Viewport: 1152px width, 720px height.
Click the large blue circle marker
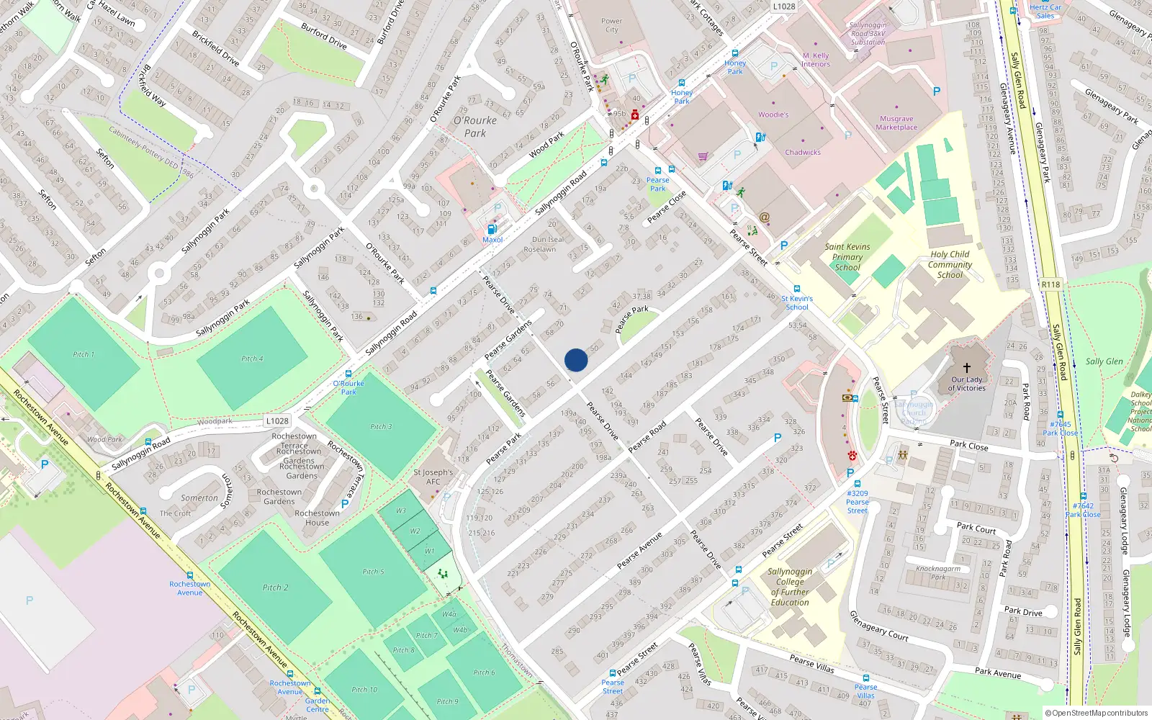[x=576, y=360]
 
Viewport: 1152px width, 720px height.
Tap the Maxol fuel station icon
[x=492, y=229]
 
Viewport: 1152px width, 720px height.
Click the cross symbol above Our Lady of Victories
[x=966, y=367]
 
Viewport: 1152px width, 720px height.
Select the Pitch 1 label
[x=84, y=354]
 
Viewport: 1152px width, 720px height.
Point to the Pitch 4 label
[x=252, y=359]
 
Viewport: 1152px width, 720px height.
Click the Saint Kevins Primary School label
[x=847, y=257]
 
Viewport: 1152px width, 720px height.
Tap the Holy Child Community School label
[x=950, y=264]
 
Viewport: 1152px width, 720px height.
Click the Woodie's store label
[x=773, y=114]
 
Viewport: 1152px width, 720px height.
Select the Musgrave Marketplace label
[x=896, y=123]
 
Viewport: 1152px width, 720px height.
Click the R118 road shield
[x=1050, y=284]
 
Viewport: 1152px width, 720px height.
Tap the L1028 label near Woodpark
[x=277, y=421]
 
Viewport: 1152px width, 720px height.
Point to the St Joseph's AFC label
[x=433, y=477]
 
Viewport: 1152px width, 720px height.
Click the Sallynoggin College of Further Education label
[x=790, y=587]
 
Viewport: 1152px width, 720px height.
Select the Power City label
[x=611, y=25]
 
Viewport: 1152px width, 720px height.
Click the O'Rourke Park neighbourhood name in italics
[x=475, y=127]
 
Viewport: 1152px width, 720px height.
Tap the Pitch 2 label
[x=275, y=588]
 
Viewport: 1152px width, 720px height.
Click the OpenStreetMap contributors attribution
[x=1097, y=714]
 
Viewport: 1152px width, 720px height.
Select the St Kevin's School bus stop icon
[x=797, y=289]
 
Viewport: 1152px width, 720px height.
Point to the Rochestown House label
[x=317, y=518]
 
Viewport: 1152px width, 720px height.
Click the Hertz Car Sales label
[x=1045, y=12]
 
